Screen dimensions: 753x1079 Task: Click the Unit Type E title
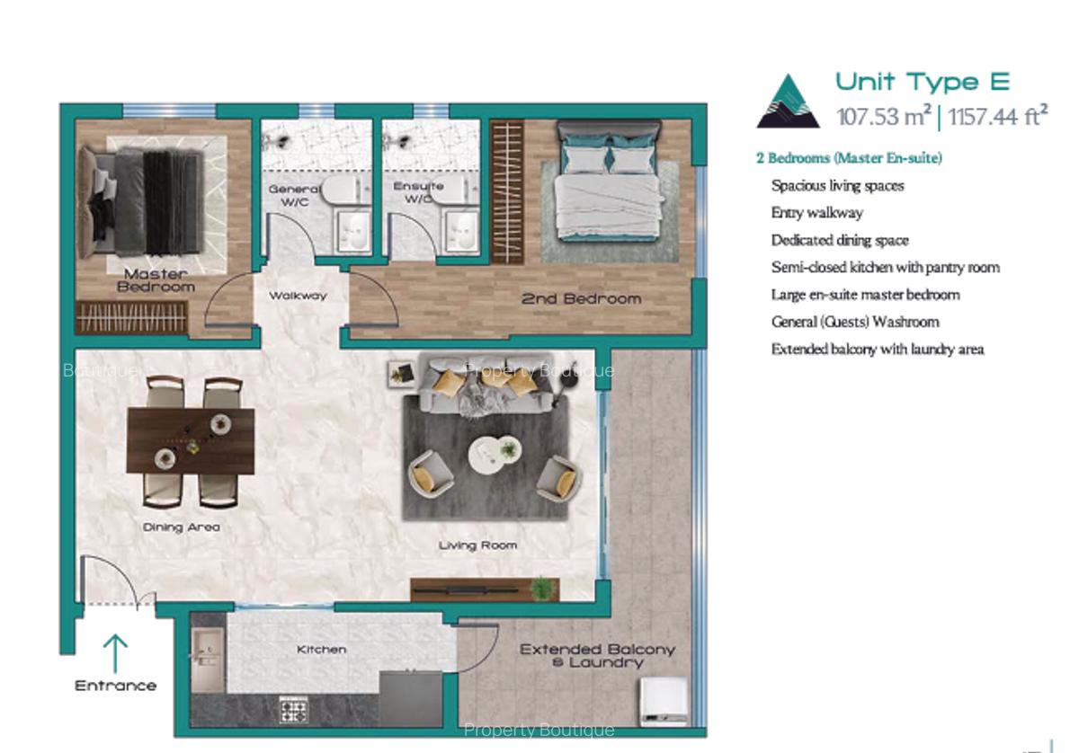tap(923, 82)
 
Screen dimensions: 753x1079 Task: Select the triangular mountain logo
tap(788, 102)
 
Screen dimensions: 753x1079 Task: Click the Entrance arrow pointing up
tap(115, 653)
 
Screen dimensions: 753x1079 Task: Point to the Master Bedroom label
tap(156, 279)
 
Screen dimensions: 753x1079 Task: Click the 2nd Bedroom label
tap(581, 298)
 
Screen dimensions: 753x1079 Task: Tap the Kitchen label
tap(321, 649)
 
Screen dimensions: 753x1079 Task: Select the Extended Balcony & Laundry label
tap(597, 655)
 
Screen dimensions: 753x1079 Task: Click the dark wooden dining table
tap(191, 439)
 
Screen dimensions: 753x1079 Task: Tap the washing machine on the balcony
tap(662, 699)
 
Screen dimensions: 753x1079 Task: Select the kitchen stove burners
tap(293, 710)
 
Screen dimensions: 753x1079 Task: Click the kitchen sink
tap(206, 660)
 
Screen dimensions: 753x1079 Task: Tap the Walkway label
tap(298, 296)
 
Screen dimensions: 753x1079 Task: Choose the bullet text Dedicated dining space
tap(840, 240)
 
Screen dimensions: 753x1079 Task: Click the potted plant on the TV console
tap(541, 589)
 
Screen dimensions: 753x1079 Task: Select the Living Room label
tap(477, 545)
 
